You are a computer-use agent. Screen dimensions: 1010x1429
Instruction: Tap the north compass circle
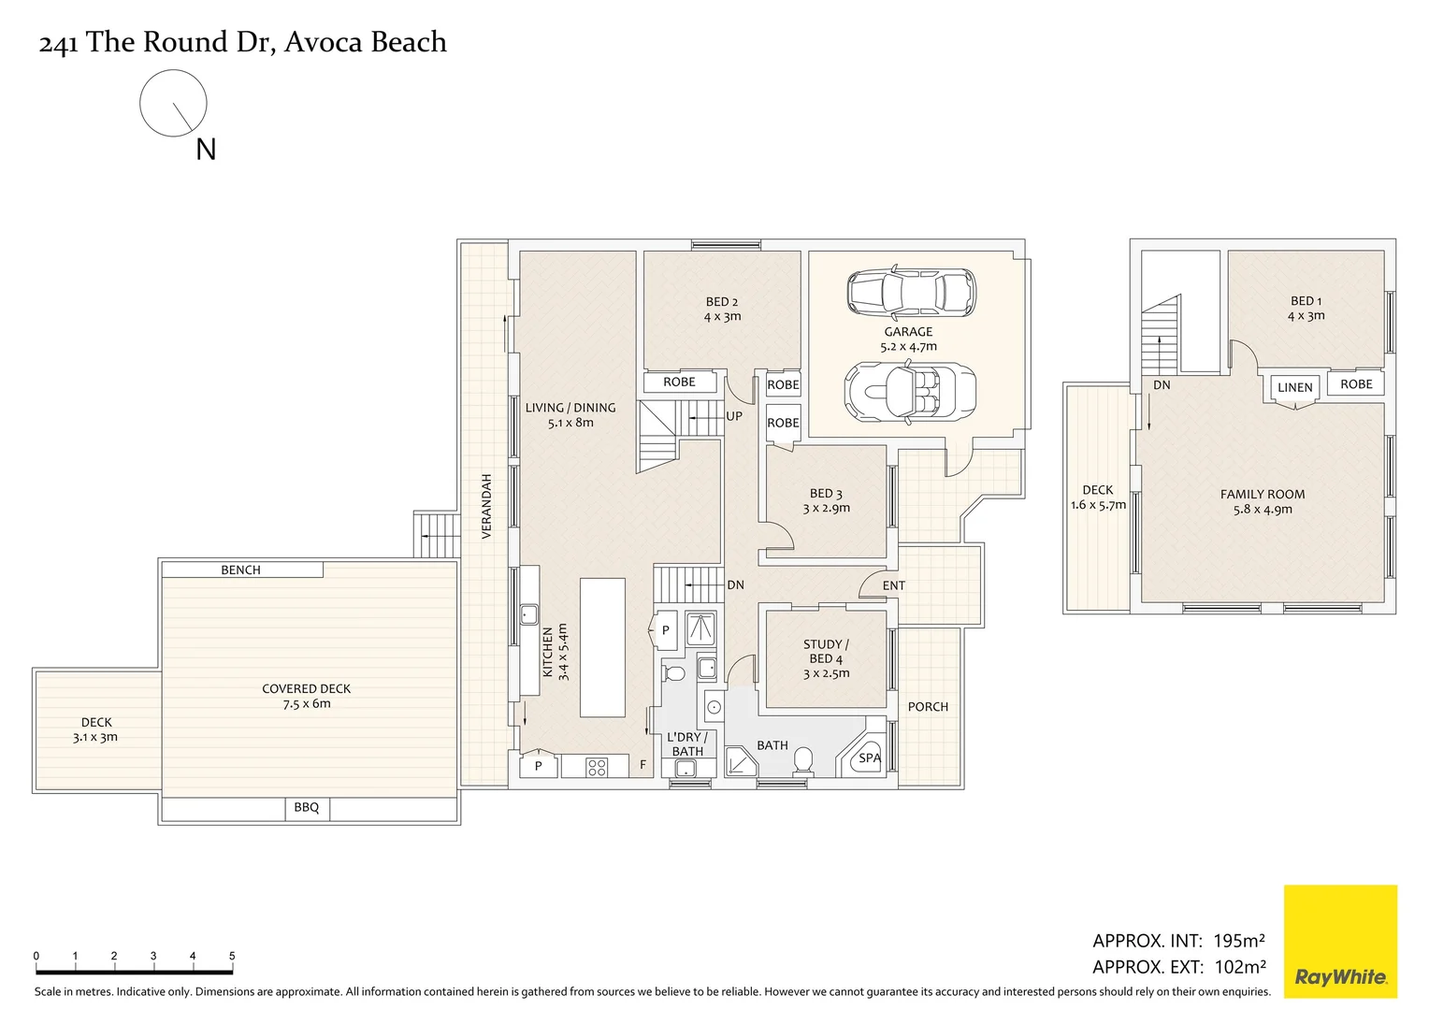pyautogui.click(x=173, y=103)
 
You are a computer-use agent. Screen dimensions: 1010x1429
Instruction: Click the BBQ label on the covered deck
pyautogui.click(x=307, y=808)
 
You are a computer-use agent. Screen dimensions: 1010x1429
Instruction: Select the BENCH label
pyautogui.click(x=240, y=570)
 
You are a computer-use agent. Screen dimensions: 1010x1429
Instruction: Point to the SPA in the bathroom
pyautogui.click(x=869, y=757)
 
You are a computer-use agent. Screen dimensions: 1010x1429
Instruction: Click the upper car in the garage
pyautogui.click(x=910, y=291)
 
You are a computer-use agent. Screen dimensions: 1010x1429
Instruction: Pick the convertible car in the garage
pyautogui.click(x=910, y=392)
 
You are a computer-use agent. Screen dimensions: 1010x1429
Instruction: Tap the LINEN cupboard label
pyautogui.click(x=1295, y=387)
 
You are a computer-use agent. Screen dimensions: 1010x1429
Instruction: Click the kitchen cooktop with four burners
pyautogui.click(x=597, y=768)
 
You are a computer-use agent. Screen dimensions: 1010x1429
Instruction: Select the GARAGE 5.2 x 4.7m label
pyautogui.click(x=908, y=339)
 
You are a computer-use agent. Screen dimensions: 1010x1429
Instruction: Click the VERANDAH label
pyautogui.click(x=486, y=506)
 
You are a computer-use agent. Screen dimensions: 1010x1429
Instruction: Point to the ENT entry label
pyautogui.click(x=893, y=585)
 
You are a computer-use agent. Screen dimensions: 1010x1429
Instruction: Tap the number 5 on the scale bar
pyautogui.click(x=232, y=956)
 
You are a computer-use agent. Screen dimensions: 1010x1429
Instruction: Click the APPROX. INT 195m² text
pyautogui.click(x=1178, y=941)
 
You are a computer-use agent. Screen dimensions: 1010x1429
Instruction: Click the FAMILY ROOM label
pyautogui.click(x=1262, y=495)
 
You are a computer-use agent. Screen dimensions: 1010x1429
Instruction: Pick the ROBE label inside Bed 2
pyautogui.click(x=679, y=382)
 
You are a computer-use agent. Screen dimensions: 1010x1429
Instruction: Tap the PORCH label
pyautogui.click(x=928, y=707)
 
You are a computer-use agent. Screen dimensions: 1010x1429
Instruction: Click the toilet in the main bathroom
pyautogui.click(x=802, y=762)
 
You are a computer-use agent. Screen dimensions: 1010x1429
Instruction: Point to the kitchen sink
pyautogui.click(x=528, y=614)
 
